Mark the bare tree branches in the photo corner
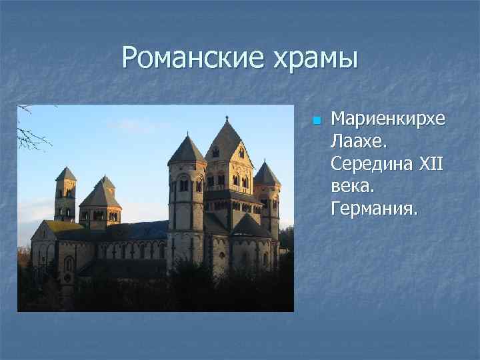point(30,130)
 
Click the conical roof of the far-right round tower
point(266,175)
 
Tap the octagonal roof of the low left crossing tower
point(101,195)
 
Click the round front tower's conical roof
point(187,150)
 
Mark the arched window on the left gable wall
point(69,264)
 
